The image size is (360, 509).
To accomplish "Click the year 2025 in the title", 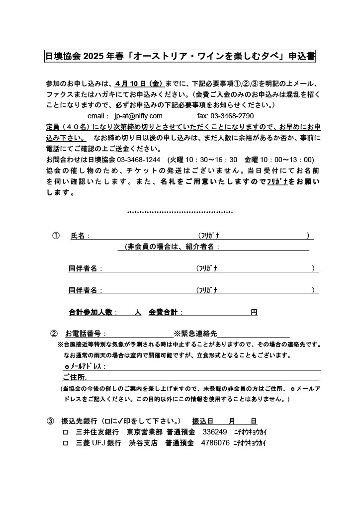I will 92,57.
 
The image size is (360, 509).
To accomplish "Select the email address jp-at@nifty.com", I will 138,116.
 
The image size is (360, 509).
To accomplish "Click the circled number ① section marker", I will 56,236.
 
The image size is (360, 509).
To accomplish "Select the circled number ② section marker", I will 54,333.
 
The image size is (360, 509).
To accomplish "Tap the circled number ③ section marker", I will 50,421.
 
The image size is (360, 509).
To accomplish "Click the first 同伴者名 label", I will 85,269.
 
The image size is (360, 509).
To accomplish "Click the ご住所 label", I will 74,377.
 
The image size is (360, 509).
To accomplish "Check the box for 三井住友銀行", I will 65,432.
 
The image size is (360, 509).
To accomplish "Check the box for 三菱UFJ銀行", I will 65,443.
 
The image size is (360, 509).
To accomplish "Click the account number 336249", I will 215,432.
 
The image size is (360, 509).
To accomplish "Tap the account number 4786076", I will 215,443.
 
